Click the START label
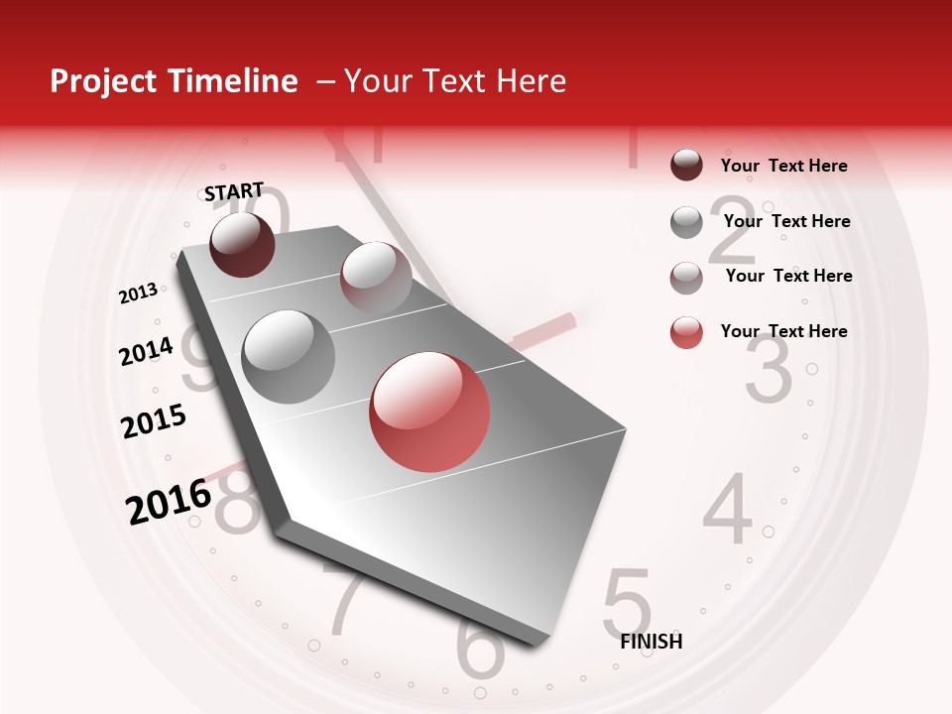click(x=234, y=191)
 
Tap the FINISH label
click(x=652, y=642)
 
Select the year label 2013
click(x=138, y=294)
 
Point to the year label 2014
click(x=146, y=351)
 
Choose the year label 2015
click(x=154, y=421)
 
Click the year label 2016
click(x=169, y=501)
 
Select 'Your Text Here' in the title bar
click(x=455, y=81)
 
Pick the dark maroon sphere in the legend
click(x=686, y=165)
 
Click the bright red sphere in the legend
click(x=686, y=332)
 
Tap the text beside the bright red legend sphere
click(x=784, y=331)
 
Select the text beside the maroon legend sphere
click(x=784, y=166)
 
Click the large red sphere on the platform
click(x=429, y=412)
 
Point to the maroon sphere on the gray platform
click(x=242, y=244)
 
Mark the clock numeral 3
click(x=769, y=370)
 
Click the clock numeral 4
click(x=729, y=510)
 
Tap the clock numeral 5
click(x=627, y=601)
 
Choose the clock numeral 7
click(x=348, y=602)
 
